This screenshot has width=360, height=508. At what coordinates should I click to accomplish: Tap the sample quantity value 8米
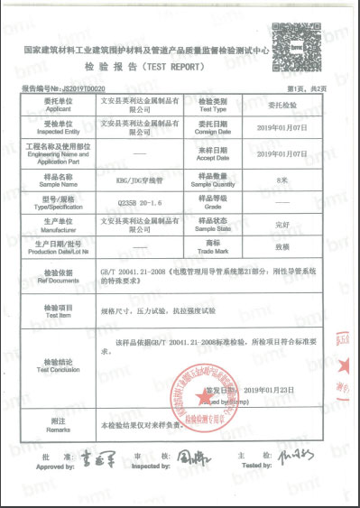(287, 180)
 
